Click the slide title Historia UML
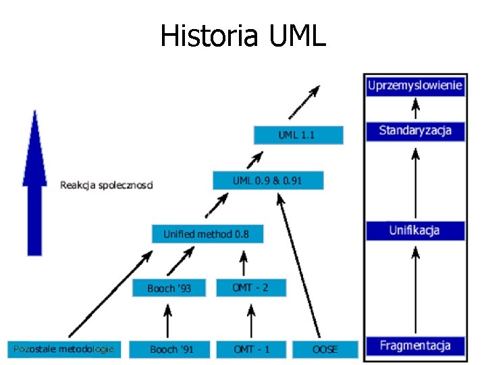[243, 36]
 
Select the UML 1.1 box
[298, 135]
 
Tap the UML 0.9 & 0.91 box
[268, 180]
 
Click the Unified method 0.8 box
[207, 234]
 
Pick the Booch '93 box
[169, 288]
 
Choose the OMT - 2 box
[251, 287]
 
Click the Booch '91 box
[171, 349]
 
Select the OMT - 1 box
[251, 349]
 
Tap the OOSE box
[325, 349]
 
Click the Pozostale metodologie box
[65, 349]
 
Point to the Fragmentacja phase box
[415, 345]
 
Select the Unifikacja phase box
[415, 230]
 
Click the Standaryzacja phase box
[415, 130]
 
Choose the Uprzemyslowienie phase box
[415, 85]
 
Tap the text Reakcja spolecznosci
[107, 185]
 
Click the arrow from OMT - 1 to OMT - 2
[251, 318]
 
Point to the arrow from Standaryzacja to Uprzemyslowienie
[416, 108]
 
